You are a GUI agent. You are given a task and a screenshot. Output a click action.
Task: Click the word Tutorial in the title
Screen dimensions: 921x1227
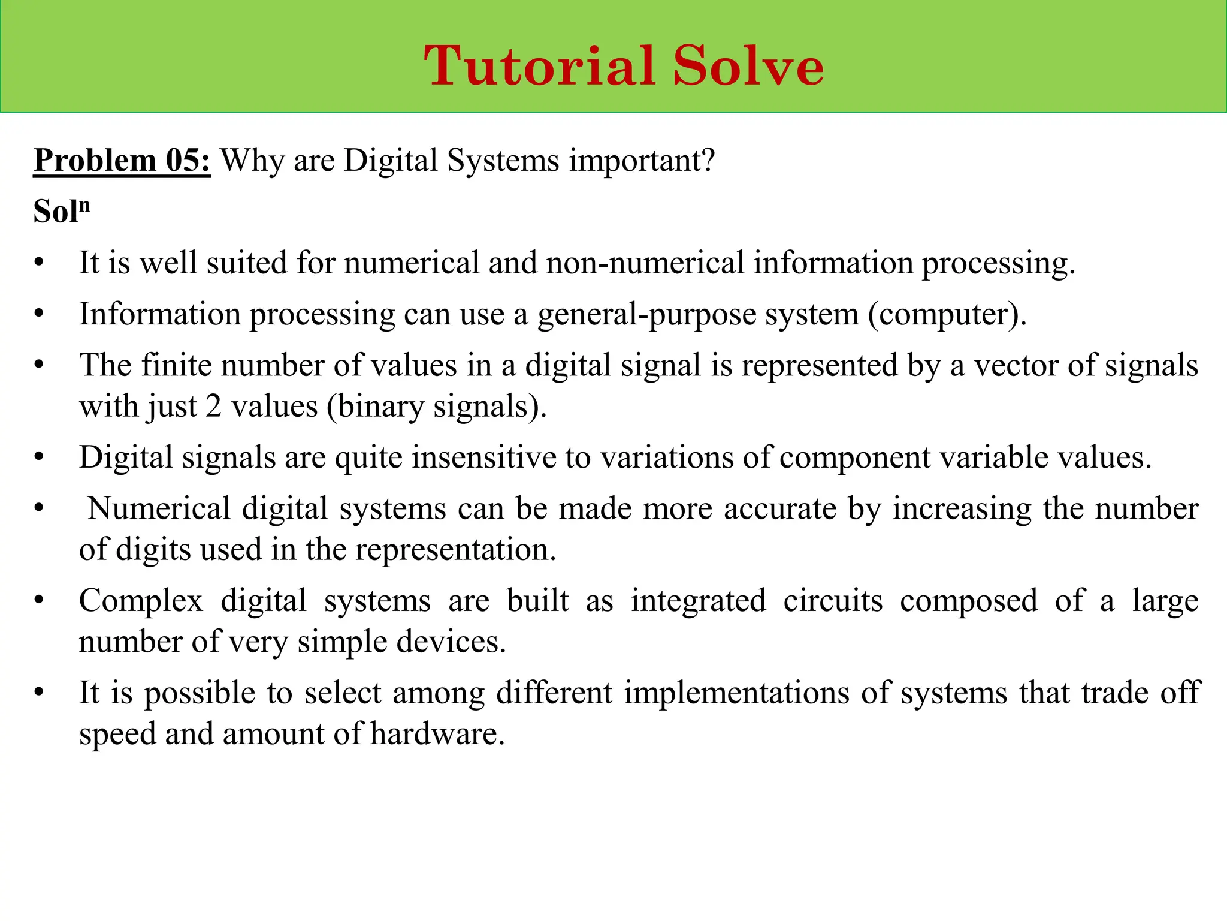point(539,66)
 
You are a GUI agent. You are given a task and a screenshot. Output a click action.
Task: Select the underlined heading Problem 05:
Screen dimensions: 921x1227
point(122,161)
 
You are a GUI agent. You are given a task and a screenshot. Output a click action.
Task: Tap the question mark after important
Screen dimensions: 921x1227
point(709,161)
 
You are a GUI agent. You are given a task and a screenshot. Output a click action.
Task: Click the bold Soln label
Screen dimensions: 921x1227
point(61,211)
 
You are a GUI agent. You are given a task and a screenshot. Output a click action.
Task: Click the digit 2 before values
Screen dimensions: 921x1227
point(214,407)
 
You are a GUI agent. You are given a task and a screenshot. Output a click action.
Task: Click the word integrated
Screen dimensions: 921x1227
point(699,601)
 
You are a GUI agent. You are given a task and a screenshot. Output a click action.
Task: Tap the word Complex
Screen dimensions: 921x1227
point(141,601)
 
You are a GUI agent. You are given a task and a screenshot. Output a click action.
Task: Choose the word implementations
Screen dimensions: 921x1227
point(737,693)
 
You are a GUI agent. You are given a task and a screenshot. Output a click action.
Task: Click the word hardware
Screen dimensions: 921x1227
point(437,734)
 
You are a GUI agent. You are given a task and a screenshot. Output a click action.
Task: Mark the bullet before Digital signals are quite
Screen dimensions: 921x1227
point(40,458)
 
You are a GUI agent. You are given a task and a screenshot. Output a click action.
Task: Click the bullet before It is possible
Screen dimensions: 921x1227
point(40,693)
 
